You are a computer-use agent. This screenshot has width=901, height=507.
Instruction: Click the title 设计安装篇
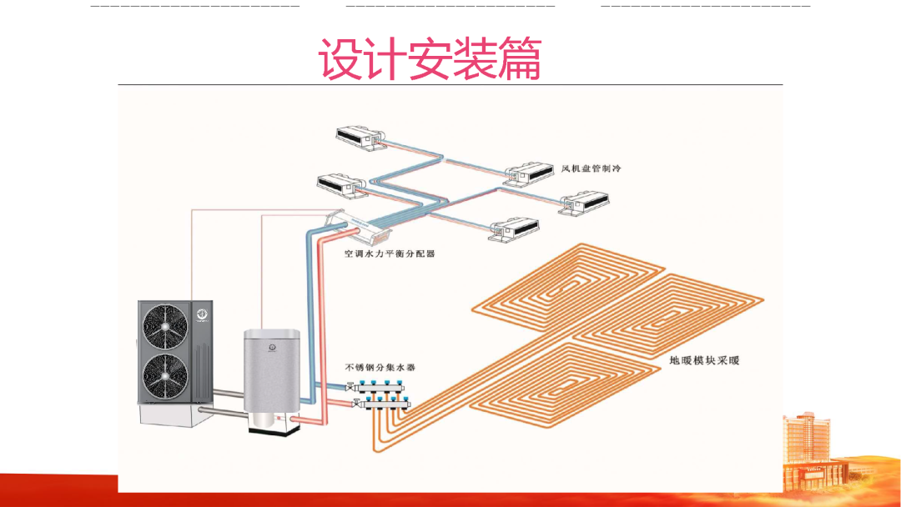430,59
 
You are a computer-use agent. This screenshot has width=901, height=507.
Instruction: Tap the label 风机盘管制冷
591,168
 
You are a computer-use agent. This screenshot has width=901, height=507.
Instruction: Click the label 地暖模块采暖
704,361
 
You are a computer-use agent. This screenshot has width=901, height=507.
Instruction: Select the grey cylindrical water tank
272,371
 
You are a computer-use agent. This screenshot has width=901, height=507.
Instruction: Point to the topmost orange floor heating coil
576,284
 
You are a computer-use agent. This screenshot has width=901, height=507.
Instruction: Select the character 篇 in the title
519,59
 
